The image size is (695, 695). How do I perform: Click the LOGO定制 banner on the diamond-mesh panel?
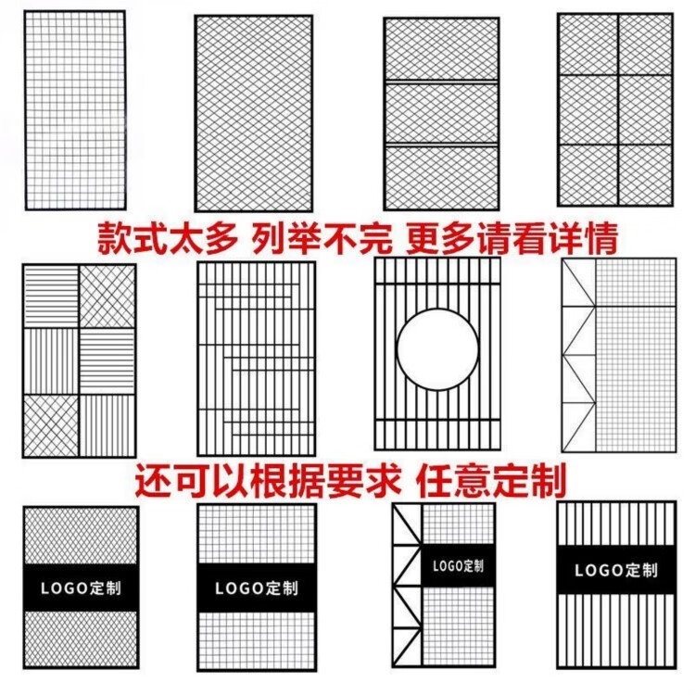point(80,587)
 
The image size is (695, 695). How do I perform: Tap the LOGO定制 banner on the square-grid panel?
point(257,588)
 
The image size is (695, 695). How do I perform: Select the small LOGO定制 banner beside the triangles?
point(458,565)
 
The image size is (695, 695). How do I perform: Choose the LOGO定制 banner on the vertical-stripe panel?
point(616,570)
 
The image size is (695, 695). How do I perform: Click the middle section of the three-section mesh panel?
point(442,112)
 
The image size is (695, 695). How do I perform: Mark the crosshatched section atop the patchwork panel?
point(107,297)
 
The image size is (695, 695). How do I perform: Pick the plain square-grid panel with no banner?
point(74,109)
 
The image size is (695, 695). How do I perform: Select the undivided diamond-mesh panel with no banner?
point(253,113)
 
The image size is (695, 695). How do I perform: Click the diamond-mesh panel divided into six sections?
point(613,109)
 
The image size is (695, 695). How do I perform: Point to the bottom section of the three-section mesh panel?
point(442,176)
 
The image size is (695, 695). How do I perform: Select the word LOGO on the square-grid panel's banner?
point(237,588)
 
